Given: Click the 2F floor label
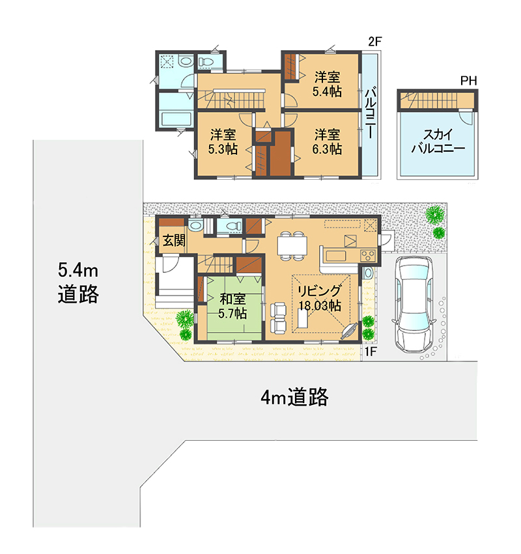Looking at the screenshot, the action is (375, 41).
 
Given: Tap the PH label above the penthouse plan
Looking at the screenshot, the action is (469, 81).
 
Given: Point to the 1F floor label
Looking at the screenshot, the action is (371, 352).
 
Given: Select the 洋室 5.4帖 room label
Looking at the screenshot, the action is (327, 84).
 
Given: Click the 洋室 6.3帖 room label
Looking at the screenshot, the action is (327, 142).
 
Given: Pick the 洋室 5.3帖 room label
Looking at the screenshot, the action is (223, 142).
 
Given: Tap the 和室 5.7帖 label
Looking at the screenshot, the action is (232, 306).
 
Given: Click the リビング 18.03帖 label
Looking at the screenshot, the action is (320, 298).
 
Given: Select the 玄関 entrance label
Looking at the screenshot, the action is (174, 241).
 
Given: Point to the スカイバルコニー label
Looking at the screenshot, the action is (438, 141).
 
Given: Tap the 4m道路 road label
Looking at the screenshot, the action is (294, 396).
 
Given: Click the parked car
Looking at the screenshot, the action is (414, 304).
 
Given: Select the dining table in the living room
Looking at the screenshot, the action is (292, 245).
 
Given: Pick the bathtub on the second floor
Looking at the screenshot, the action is (176, 118).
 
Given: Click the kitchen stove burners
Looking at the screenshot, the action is (367, 255).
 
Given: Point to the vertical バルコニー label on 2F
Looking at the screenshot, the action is (371, 114).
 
